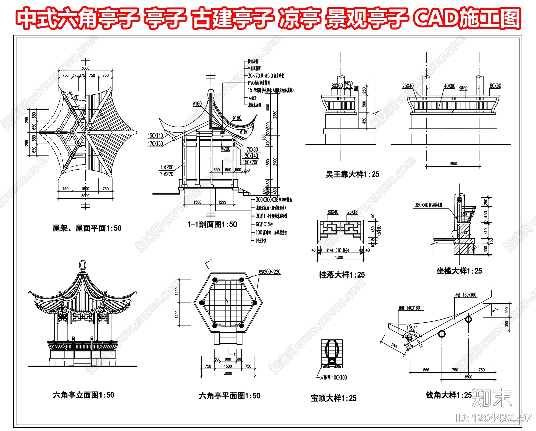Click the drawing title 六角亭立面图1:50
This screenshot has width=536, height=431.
[x=83, y=395]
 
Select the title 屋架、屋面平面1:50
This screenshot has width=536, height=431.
[x=87, y=228]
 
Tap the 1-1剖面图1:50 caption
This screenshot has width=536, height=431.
[x=212, y=224]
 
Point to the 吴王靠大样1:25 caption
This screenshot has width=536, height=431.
[x=352, y=174]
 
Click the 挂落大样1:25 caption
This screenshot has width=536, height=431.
[x=342, y=275]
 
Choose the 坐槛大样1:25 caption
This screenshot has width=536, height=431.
[x=459, y=271]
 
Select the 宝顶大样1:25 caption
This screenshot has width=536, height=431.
[x=334, y=398]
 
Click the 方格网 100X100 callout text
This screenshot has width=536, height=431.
[x=333, y=378]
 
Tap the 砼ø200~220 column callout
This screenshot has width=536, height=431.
[x=269, y=272]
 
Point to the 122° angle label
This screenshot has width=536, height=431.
[x=411, y=328]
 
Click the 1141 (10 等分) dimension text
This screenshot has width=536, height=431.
[x=338, y=250]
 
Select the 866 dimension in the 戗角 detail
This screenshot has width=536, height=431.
[x=426, y=370]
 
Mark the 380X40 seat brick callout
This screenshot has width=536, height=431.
[x=428, y=205]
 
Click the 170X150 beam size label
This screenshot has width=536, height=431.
[x=155, y=144]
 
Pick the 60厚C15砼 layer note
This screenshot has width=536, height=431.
[x=264, y=224]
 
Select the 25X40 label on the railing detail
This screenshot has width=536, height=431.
[x=408, y=86]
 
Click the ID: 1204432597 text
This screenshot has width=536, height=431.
[x=493, y=418]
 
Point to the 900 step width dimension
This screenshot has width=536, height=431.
[x=228, y=359]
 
